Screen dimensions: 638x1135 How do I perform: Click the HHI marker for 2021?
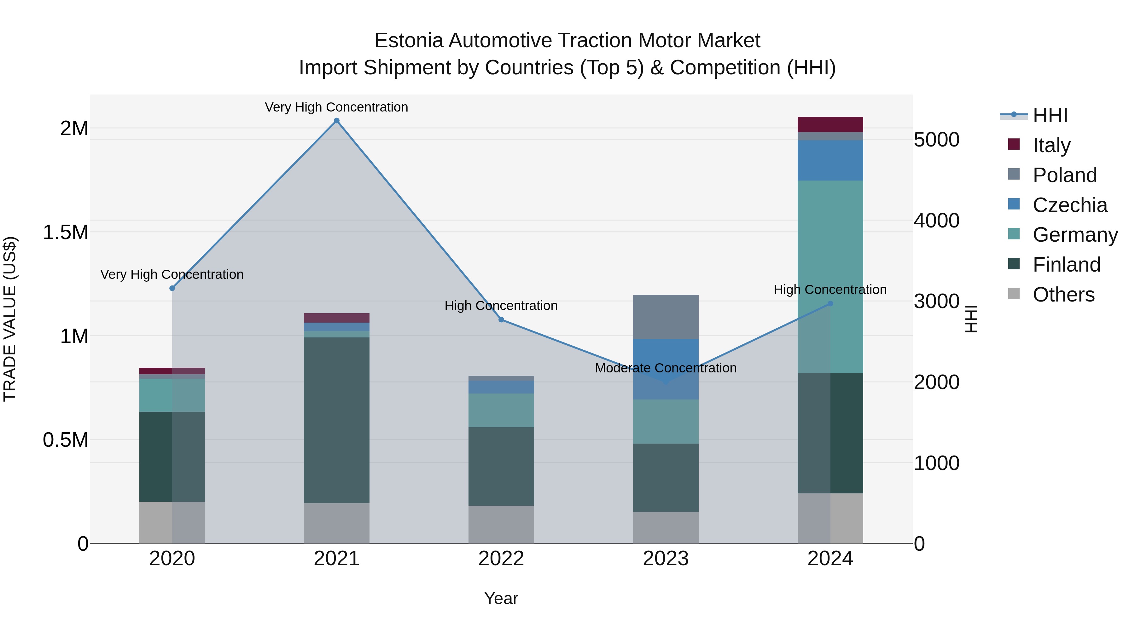coord(337,121)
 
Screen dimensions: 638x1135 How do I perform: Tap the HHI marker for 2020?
coord(172,288)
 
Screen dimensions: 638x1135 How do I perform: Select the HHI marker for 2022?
coord(501,320)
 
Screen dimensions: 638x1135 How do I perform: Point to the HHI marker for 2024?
coord(830,304)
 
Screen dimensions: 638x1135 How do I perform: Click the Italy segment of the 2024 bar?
coord(830,124)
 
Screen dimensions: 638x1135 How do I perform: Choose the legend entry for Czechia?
coord(1069,205)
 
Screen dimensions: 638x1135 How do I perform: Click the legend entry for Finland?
coord(1066,265)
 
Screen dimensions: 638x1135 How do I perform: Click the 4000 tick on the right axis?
coord(936,221)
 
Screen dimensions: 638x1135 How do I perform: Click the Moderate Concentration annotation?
coord(665,368)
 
